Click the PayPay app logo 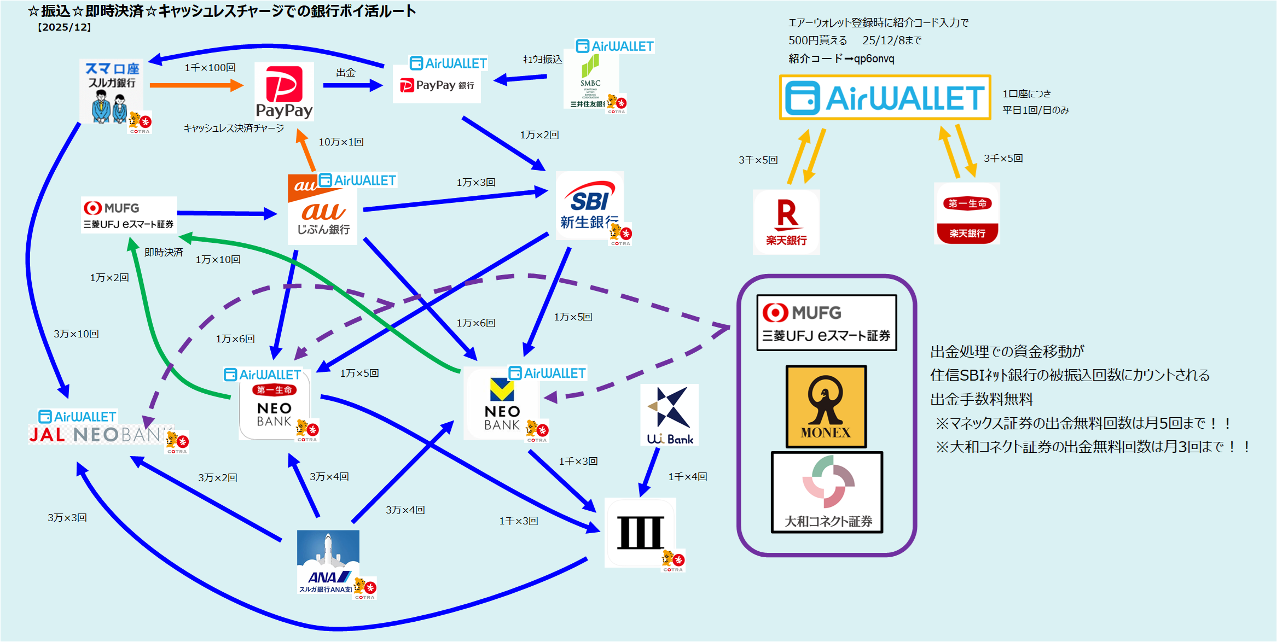pyautogui.click(x=284, y=91)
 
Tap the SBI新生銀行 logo pyautogui.click(x=589, y=206)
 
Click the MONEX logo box pyautogui.click(x=826, y=406)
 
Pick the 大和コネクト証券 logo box pyautogui.click(x=827, y=492)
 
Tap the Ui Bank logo pyautogui.click(x=669, y=415)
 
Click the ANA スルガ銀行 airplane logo pyautogui.click(x=328, y=561)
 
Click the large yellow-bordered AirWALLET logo pyautogui.click(x=884, y=97)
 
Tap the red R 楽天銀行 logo pyautogui.click(x=786, y=221)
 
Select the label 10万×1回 pyautogui.click(x=341, y=142)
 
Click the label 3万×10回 pyautogui.click(x=76, y=334)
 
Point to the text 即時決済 pyautogui.click(x=163, y=252)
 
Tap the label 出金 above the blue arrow pyautogui.click(x=345, y=73)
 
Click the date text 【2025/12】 pyautogui.click(x=64, y=27)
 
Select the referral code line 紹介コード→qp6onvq pyautogui.click(x=841, y=59)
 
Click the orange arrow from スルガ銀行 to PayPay pyautogui.click(x=195, y=85)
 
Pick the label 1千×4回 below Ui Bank pyautogui.click(x=687, y=477)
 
